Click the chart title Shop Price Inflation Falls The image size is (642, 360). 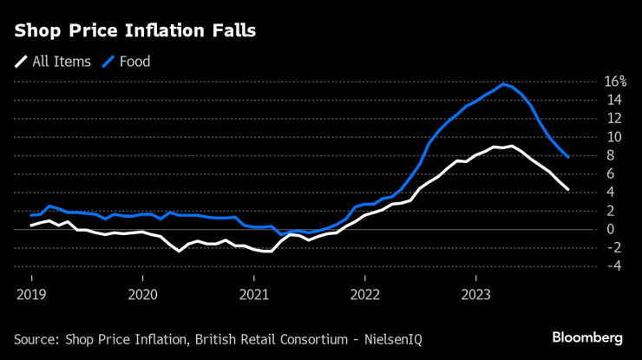(134, 31)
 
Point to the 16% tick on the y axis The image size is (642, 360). (615, 82)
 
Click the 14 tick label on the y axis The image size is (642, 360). (614, 100)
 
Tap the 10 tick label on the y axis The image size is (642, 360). (614, 137)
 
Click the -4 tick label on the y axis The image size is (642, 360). (613, 266)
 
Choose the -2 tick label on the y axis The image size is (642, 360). (613, 247)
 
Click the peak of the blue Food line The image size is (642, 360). (503, 83)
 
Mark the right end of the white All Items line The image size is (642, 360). (567, 189)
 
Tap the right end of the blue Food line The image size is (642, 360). (567, 157)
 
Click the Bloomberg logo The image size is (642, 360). (587, 337)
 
